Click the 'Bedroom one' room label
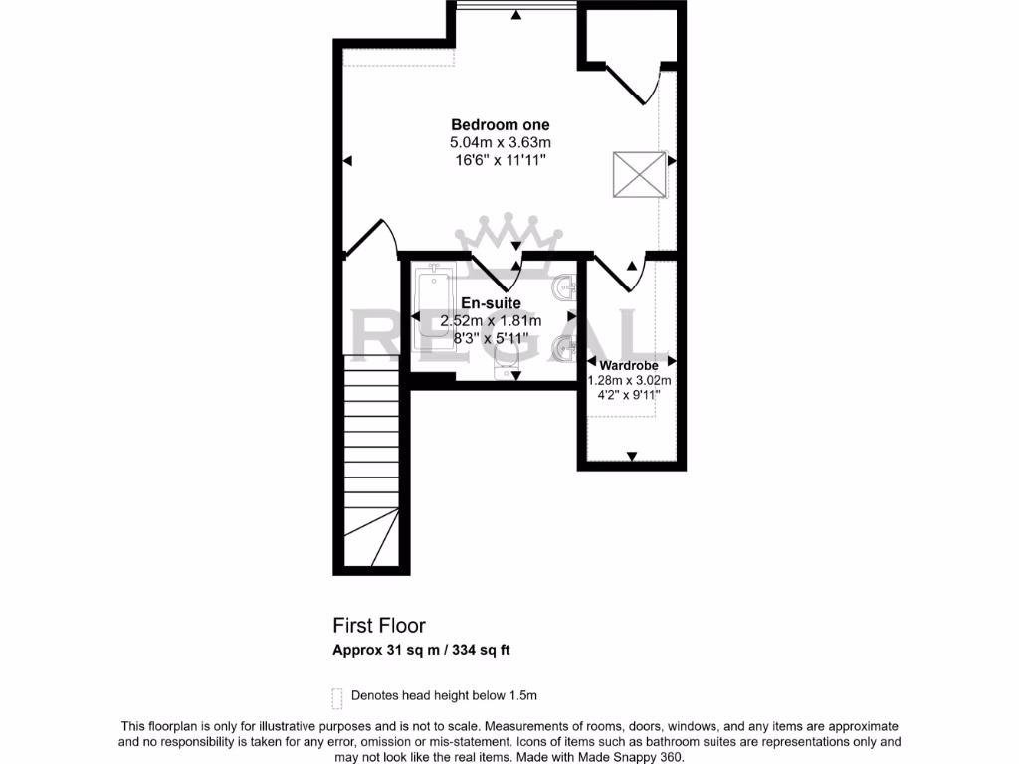click(500, 125)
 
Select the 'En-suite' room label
click(491, 303)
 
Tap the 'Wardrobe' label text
click(629, 366)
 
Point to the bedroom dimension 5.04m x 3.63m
click(500, 143)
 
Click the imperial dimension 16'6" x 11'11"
click(500, 160)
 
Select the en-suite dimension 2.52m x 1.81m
click(491, 320)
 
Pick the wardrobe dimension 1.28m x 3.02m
click(629, 380)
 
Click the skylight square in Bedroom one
click(639, 174)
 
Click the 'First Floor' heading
click(379, 626)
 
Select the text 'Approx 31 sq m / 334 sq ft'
click(422, 651)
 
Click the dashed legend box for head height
click(337, 695)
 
